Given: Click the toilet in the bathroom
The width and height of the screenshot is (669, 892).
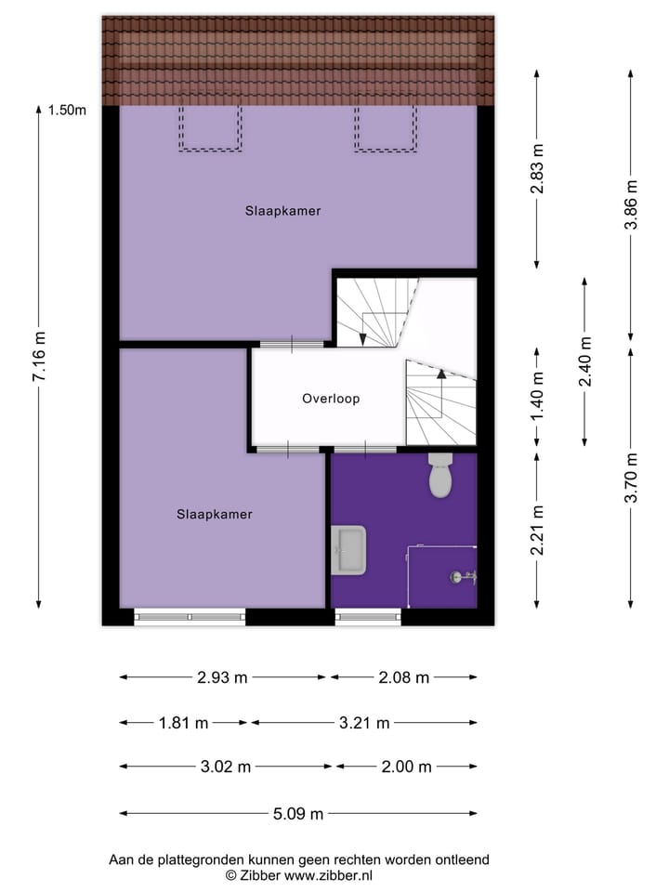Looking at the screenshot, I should (440, 476).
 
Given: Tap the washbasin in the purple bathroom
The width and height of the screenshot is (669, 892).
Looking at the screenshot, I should (349, 549).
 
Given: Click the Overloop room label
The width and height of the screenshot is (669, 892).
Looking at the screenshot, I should (330, 399).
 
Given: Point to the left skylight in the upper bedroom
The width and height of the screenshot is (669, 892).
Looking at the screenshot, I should (210, 127).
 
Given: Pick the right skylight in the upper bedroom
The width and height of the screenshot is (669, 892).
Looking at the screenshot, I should (384, 127).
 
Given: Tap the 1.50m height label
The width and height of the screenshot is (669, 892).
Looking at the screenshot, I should (67, 111).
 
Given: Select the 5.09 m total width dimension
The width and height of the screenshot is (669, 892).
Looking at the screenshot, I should (298, 814).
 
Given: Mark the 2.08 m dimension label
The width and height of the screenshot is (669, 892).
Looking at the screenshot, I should (403, 677).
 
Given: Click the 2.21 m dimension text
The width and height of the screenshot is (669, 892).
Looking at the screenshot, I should (537, 531).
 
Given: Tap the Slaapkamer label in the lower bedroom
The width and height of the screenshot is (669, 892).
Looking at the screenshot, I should (215, 514).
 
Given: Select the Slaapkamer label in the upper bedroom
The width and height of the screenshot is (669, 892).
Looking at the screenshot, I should (283, 211).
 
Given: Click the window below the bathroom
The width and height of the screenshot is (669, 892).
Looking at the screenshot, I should (368, 616).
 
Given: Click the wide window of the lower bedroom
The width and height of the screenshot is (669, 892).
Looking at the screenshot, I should (190, 616).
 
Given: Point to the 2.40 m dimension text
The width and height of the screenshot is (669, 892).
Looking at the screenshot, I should (584, 360).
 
